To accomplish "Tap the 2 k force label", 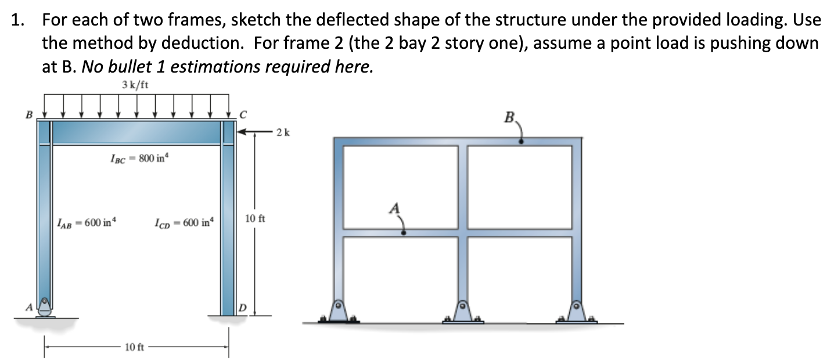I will coord(283,132).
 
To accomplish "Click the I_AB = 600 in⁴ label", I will coord(87,222).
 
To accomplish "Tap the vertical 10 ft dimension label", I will coord(256,219).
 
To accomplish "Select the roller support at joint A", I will coord(44,308).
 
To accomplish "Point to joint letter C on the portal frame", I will coord(243,114).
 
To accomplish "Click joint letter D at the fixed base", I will coord(243,306).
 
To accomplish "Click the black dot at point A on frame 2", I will coord(404,232).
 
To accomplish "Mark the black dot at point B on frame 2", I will coord(521,141).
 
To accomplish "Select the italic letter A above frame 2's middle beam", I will coord(395,207).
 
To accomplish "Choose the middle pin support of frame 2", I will coord(463,311).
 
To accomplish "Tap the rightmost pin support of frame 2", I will coord(576,311).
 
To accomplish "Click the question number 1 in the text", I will coord(18,20).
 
